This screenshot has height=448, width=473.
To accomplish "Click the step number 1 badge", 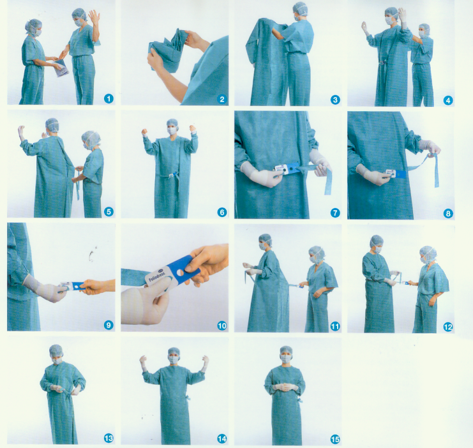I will coord(109,98).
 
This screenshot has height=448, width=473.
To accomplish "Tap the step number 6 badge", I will coord(221,211).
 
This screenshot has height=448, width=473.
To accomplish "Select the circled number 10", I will coord(221,325).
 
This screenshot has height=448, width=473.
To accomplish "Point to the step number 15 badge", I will coord(335,438).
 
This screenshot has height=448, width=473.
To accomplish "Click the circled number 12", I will coord(447,327).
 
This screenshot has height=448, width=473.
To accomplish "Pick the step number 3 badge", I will coord(335,99).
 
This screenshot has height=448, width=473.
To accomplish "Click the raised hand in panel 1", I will coord(94,15).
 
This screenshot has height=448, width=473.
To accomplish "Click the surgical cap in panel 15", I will coord(285,350).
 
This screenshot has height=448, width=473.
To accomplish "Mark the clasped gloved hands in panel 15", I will coord(285,387).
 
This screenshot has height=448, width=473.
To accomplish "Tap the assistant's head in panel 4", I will coord(424,30).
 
